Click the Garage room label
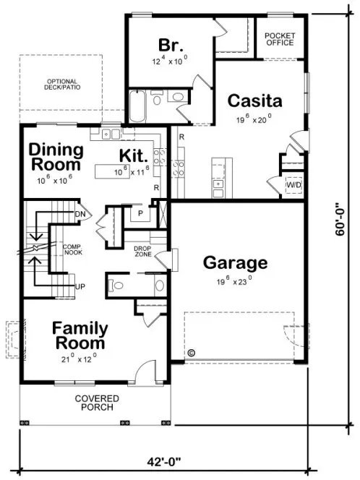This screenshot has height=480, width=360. (235, 262)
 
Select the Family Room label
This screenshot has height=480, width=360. (80, 335)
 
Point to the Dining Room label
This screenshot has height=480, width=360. (56, 157)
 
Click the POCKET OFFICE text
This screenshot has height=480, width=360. (280, 39)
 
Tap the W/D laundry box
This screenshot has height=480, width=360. (293, 184)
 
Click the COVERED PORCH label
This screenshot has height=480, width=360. (95, 403)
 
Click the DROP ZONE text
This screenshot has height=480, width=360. (142, 251)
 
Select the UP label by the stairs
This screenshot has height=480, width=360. (80, 287)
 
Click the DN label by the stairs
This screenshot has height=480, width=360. (80, 214)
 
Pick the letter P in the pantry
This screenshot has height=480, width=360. (141, 214)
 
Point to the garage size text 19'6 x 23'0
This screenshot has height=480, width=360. (234, 280)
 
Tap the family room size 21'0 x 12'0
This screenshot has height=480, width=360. (80, 357)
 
